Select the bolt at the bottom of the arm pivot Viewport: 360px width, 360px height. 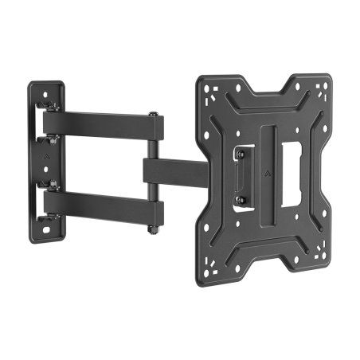tap(152, 231)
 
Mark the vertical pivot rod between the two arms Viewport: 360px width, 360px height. tap(153, 171)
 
